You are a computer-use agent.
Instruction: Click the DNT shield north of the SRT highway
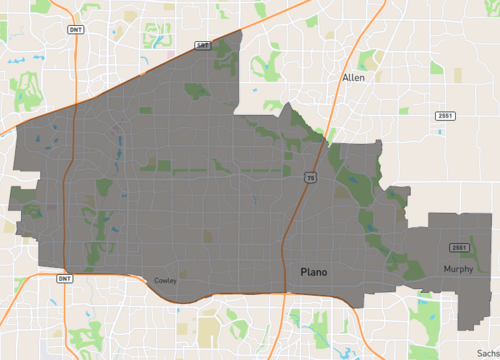click(77, 30)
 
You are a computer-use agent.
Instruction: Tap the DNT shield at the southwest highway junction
click(64, 278)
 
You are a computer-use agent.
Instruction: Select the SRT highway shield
click(203, 45)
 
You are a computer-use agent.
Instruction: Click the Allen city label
click(353, 77)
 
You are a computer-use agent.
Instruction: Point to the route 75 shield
click(311, 178)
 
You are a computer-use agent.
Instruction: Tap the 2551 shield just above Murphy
click(459, 248)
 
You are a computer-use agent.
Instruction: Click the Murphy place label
click(459, 269)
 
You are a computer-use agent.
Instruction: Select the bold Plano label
click(314, 271)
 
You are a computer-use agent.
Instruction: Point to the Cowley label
click(165, 281)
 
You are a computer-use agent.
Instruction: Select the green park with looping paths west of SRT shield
click(158, 37)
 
